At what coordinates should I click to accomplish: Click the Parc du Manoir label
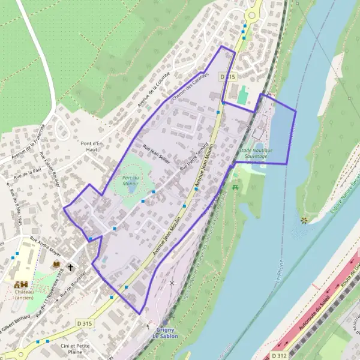(x=130, y=180)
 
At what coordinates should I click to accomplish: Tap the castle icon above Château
(x=21, y=284)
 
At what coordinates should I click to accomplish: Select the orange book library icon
(x=56, y=264)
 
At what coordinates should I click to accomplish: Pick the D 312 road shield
(x=278, y=355)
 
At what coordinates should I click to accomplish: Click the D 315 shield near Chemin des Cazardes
(x=226, y=77)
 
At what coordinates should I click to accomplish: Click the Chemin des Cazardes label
(x=190, y=86)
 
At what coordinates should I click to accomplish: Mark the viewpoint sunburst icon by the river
(x=304, y=220)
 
